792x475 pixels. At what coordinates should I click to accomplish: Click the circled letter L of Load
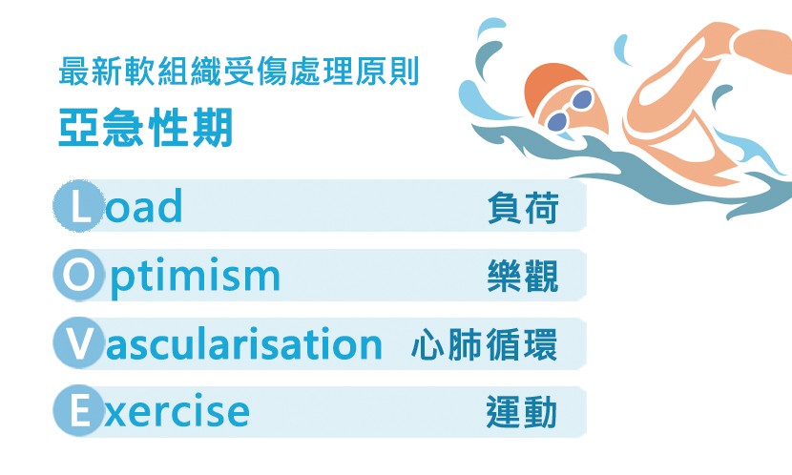(x=78, y=206)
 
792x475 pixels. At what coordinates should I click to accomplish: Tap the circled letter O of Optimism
(x=78, y=275)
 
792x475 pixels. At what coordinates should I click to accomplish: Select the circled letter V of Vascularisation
(x=78, y=343)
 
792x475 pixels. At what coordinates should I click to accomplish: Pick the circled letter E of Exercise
(x=78, y=411)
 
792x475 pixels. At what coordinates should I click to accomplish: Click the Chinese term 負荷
(x=523, y=208)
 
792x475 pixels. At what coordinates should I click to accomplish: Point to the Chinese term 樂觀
(x=523, y=276)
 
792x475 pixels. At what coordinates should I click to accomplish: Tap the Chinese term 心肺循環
(x=485, y=344)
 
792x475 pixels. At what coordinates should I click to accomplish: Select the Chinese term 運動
(x=522, y=412)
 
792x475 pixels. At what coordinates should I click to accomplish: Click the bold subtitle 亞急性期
(x=145, y=127)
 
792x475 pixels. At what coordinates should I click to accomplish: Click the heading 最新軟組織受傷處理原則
(x=239, y=72)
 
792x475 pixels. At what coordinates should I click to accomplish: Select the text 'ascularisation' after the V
(x=244, y=343)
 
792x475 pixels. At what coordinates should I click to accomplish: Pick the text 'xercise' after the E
(x=177, y=411)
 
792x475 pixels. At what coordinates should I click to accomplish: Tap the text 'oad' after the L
(x=143, y=206)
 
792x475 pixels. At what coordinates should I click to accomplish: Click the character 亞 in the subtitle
(x=78, y=127)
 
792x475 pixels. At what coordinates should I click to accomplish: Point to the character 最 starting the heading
(x=73, y=72)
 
